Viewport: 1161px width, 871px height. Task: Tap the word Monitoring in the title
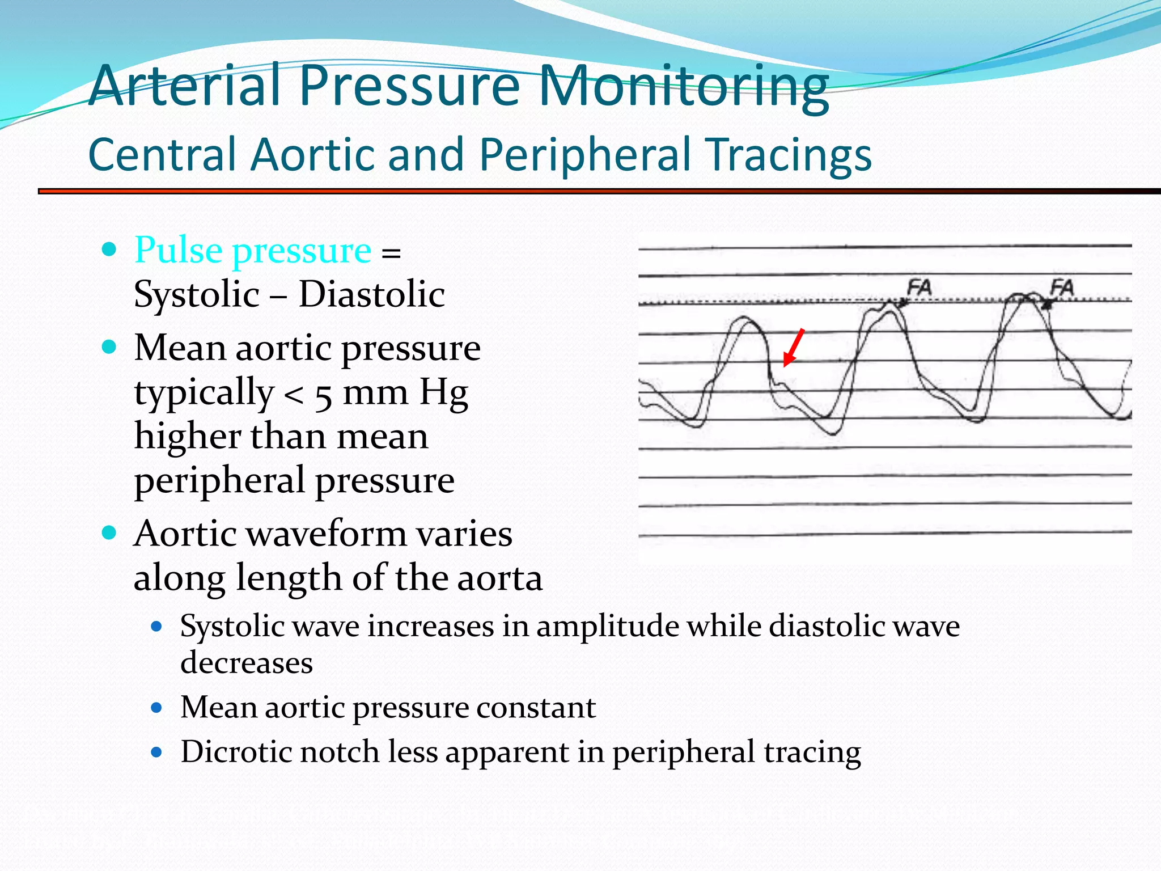[x=683, y=86]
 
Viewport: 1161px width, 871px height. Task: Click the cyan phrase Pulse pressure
[x=253, y=250]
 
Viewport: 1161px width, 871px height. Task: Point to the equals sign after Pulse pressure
[x=391, y=252]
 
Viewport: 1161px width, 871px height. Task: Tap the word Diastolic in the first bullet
[x=371, y=294]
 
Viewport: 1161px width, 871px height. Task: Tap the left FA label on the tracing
[x=919, y=287]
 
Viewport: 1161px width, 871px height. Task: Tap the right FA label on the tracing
[x=1062, y=287]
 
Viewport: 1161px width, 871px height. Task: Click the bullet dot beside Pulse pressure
[x=109, y=249]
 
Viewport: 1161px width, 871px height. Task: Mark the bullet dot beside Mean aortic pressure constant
[x=157, y=708]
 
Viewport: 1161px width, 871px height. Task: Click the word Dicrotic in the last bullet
[x=236, y=751]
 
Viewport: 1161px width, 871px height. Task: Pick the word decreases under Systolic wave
[x=246, y=662]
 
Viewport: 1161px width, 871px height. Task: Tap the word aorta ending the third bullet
[x=499, y=578]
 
